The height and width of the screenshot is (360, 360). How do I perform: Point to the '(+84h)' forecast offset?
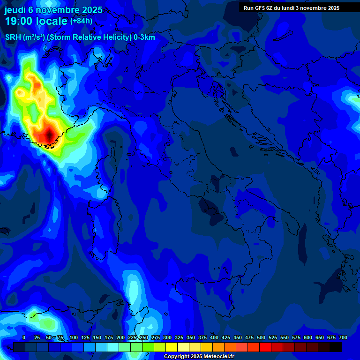click(x=81, y=21)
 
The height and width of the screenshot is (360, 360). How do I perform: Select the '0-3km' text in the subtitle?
click(x=144, y=37)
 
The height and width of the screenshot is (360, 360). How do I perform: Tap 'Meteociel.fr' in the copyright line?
click(x=218, y=357)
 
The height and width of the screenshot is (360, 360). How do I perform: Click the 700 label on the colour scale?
click(x=343, y=338)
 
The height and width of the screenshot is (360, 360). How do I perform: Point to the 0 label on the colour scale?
click(x=24, y=338)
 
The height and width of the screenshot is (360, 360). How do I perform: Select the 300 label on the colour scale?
click(x=167, y=338)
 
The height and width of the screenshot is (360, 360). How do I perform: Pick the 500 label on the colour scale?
click(x=261, y=338)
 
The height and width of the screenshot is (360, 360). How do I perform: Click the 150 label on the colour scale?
click(x=97, y=338)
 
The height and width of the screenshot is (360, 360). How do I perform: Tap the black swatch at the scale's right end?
click(x=336, y=347)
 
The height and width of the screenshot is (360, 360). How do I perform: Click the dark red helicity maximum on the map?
click(x=50, y=135)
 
